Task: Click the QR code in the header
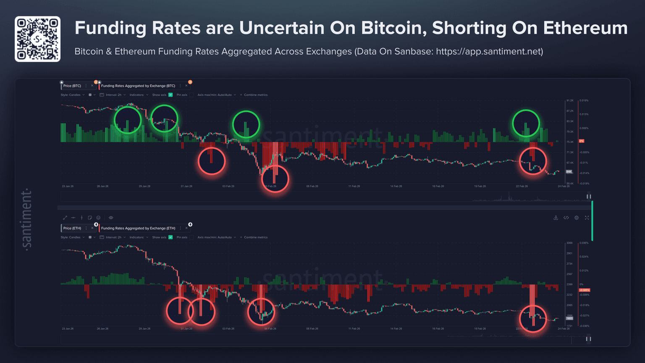37,39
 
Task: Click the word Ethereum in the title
585,28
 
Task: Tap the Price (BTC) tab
72,86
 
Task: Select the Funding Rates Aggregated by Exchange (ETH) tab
138,228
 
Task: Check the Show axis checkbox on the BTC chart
170,95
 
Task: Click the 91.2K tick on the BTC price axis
570,100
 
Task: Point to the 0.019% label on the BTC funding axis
584,100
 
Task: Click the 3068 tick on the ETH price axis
569,243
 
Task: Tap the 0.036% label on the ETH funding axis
584,243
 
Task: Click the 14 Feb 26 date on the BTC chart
396,186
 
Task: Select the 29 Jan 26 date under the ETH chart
144,329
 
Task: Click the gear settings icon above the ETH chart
577,218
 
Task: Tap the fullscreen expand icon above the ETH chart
587,218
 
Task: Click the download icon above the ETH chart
556,218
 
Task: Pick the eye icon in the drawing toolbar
111,218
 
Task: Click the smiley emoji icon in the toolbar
98,218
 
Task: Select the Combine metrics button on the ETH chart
254,237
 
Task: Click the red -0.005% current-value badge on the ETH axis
585,290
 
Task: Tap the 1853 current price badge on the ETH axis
569,318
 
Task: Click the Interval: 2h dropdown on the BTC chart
113,95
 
